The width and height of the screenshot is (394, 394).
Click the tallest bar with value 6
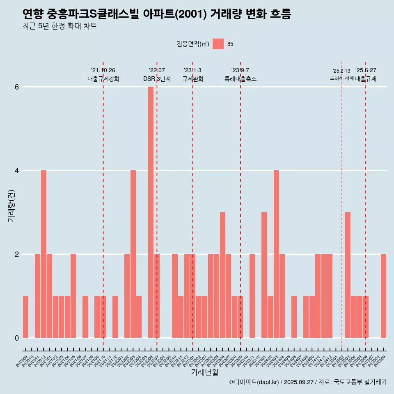151,212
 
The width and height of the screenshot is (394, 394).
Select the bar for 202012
44,254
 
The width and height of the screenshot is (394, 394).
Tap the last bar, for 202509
383,296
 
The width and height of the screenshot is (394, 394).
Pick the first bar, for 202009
25,317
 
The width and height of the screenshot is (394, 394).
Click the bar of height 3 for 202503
348,275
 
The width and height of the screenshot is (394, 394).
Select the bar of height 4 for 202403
276,254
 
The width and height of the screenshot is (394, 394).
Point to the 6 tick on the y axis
17,87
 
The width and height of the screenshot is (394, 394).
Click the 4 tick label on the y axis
17,170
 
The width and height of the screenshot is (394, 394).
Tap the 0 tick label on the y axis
17,338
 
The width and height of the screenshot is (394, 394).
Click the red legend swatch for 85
218,44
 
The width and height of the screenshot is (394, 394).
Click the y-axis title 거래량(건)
11,206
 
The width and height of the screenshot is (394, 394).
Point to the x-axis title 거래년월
204,372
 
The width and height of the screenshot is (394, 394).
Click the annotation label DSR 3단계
157,79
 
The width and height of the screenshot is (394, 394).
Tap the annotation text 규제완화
192,79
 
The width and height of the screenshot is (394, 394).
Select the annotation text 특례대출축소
240,79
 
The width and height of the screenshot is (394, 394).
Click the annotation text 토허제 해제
341,78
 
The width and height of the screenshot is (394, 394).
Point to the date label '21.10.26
103,70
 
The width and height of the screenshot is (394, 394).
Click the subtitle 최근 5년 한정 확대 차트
60,26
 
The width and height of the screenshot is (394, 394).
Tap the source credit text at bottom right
308,382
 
